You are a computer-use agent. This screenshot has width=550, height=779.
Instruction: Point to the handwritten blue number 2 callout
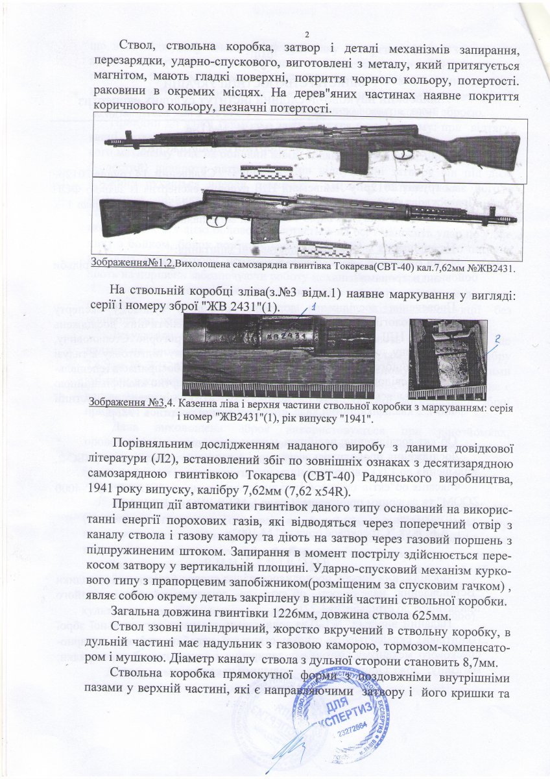[497, 338]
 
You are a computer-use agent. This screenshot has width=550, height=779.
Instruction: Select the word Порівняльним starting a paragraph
[152, 445]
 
